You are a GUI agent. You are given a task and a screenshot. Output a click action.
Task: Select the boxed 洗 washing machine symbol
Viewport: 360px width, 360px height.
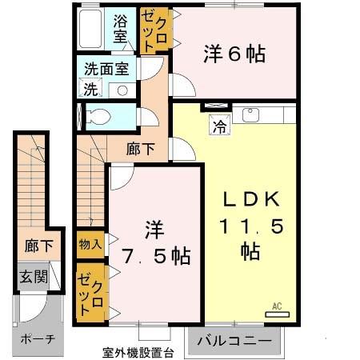pyautogui.click(x=90, y=89)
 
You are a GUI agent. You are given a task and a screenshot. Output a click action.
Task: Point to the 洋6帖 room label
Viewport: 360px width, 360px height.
pyautogui.click(x=234, y=54)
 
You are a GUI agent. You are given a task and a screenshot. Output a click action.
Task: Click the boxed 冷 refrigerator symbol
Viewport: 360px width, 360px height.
pyautogui.click(x=218, y=124)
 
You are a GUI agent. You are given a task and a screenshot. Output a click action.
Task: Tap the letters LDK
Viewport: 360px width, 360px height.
pyautogui.click(x=250, y=200)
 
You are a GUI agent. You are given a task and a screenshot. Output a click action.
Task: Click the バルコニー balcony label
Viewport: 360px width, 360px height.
pyautogui.click(x=235, y=341)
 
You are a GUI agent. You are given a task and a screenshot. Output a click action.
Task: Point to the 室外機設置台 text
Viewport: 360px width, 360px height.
pyautogui.click(x=138, y=352)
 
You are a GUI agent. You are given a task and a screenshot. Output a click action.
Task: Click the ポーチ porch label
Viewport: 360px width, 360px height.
pyautogui.click(x=37, y=338)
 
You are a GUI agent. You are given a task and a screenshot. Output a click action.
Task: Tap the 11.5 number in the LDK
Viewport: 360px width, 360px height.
pyautogui.click(x=250, y=226)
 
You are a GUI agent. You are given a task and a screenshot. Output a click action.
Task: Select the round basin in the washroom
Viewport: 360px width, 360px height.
pyautogui.click(x=122, y=89)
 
